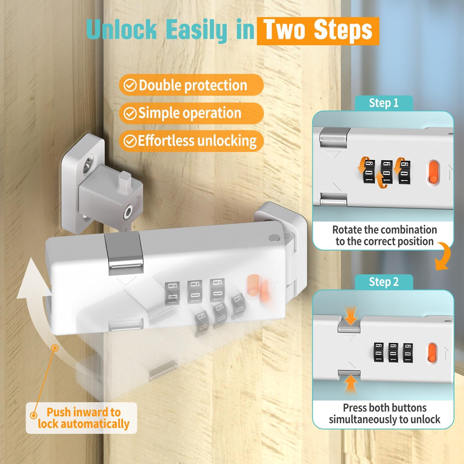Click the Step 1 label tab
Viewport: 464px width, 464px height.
[x=384, y=103]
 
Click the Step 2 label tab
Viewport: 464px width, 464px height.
[x=384, y=282]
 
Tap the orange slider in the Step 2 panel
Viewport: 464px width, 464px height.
[x=432, y=353]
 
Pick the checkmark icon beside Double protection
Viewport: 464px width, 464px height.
[x=130, y=85]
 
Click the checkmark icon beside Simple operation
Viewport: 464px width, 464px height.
[x=130, y=113]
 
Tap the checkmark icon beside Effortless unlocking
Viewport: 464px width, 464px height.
[x=130, y=141]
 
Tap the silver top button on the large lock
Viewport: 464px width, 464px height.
[x=126, y=254]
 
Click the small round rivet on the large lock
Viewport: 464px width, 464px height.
[x=273, y=238]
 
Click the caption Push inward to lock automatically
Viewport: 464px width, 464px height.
[x=84, y=418]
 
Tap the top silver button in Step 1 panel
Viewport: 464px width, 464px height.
[x=333, y=139]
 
